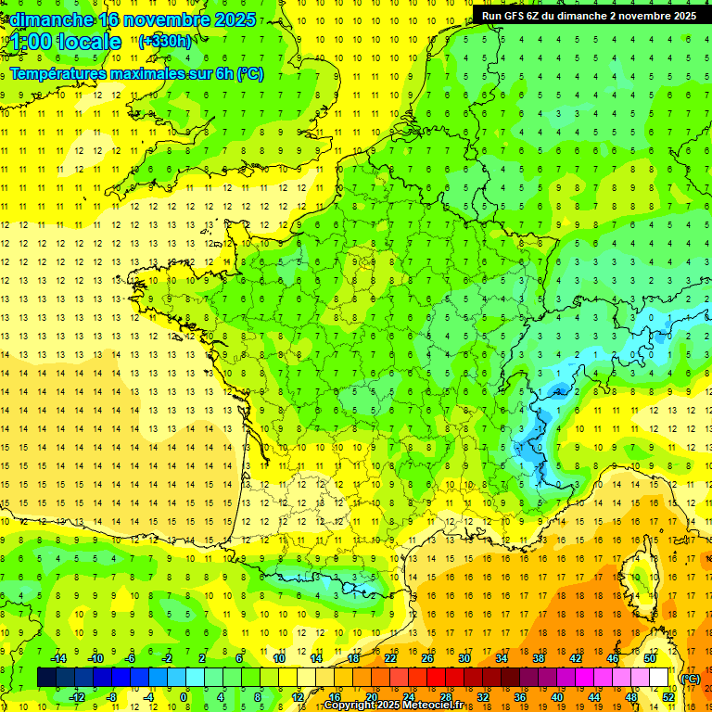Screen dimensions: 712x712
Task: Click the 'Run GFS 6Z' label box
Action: point(591,15)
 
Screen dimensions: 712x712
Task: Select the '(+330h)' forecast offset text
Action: point(165,41)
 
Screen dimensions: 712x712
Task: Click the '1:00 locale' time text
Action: point(67,41)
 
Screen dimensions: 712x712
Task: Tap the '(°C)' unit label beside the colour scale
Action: point(690,678)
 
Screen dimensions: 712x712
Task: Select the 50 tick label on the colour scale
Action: point(649,658)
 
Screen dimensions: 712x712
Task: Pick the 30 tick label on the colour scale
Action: point(464,658)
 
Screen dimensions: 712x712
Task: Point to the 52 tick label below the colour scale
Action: point(667,697)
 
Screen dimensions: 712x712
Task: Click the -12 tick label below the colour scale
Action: point(77,697)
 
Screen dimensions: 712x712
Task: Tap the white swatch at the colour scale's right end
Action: point(658,678)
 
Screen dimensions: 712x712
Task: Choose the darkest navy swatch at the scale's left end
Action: point(46,678)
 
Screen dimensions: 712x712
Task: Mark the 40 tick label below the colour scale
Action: point(556,697)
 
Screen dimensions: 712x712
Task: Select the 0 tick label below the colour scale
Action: point(185,697)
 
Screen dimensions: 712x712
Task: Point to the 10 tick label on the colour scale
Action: point(278,658)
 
